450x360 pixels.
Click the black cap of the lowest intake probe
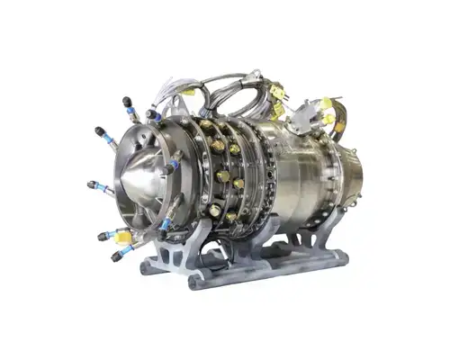coord(115,256)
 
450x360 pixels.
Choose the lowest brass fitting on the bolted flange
coord(215,211)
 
